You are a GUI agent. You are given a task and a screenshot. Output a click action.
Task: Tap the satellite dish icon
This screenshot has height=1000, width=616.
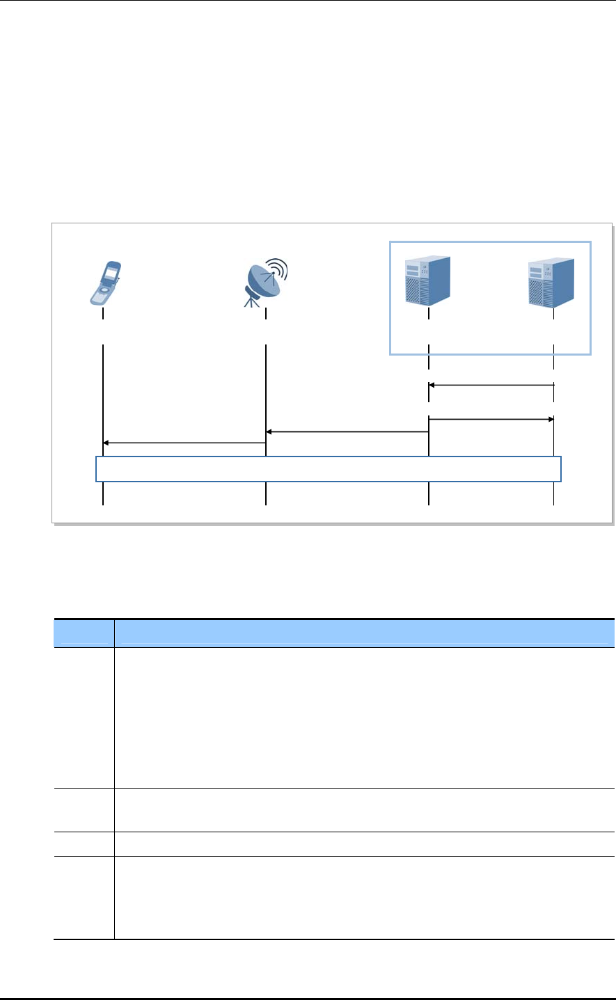click(x=264, y=282)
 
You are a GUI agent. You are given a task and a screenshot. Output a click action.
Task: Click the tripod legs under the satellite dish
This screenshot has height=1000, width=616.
click(x=251, y=301)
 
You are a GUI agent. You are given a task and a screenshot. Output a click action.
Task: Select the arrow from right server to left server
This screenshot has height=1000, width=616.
click(x=491, y=384)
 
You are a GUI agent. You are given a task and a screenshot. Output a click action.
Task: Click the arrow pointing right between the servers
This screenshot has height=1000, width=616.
click(x=491, y=419)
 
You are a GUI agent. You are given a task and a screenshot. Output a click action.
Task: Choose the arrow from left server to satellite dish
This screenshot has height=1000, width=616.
click(x=347, y=432)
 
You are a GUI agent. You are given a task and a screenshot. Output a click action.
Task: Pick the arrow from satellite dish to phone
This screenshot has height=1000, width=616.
click(x=184, y=443)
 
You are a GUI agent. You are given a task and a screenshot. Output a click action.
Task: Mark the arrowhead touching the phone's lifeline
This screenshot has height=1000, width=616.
click(x=106, y=443)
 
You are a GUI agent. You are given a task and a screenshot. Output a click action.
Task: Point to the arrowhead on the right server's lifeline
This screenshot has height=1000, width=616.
click(x=550, y=419)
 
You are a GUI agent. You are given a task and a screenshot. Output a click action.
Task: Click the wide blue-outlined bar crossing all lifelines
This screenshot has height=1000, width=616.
click(x=328, y=469)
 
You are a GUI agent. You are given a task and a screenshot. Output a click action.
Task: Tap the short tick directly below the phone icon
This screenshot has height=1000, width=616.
click(x=103, y=314)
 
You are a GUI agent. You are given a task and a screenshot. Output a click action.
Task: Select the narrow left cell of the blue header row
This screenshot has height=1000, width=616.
click(x=84, y=633)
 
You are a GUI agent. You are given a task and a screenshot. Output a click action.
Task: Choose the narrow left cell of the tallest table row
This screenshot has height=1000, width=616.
click(x=84, y=718)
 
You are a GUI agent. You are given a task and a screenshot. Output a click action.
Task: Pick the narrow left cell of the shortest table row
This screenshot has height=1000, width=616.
click(x=84, y=844)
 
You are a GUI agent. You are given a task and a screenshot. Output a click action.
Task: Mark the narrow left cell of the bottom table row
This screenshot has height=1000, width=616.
click(x=84, y=898)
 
